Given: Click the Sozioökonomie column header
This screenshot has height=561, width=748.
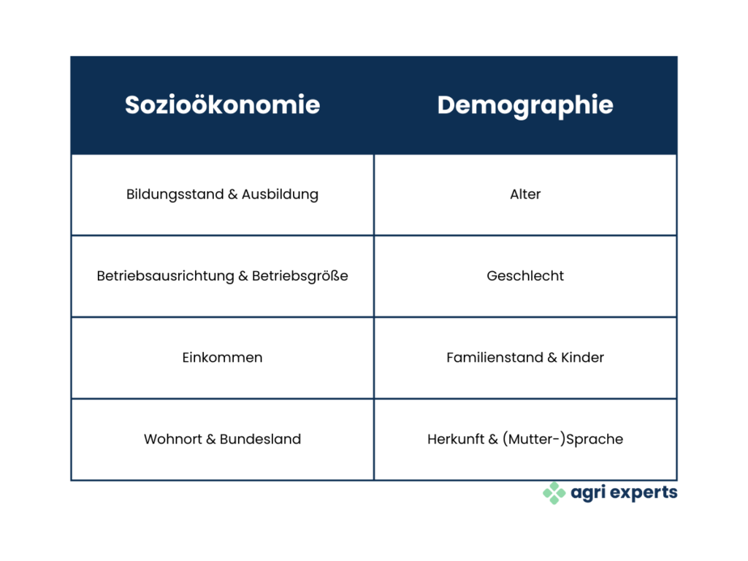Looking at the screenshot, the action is pyautogui.click(x=222, y=104).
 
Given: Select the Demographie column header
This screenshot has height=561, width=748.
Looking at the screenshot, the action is pyautogui.click(x=525, y=106).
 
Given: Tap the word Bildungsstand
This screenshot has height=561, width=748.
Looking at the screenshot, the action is pyautogui.click(x=175, y=194).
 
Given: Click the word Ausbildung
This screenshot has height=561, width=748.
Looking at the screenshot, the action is pyautogui.click(x=280, y=194).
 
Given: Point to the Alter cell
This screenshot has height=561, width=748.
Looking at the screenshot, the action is pyautogui.click(x=525, y=194).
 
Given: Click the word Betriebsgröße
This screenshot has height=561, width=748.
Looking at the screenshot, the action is pyautogui.click(x=300, y=275).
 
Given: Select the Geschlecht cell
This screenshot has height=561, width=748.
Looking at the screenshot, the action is pyautogui.click(x=525, y=275).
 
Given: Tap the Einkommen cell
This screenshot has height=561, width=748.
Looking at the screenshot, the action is pyautogui.click(x=222, y=357).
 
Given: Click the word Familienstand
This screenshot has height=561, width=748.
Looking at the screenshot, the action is pyautogui.click(x=495, y=357).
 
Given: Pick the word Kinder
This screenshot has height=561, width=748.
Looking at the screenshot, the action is pyautogui.click(x=582, y=357).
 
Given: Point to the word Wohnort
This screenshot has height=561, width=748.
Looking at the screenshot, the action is pyautogui.click(x=173, y=439).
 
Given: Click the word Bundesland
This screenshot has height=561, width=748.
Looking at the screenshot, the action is pyautogui.click(x=261, y=439).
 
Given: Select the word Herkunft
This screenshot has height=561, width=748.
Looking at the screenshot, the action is pyautogui.click(x=456, y=439).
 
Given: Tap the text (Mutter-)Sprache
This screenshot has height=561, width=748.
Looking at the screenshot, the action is pyautogui.click(x=563, y=439).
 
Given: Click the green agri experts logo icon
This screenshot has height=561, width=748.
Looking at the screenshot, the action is pyautogui.click(x=554, y=493).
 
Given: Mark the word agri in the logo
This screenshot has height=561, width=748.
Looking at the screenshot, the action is pyautogui.click(x=589, y=493).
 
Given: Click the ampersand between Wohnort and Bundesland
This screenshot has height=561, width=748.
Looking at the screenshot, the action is pyautogui.click(x=211, y=439).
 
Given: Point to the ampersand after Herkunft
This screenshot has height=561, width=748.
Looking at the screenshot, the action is pyautogui.click(x=493, y=439).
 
